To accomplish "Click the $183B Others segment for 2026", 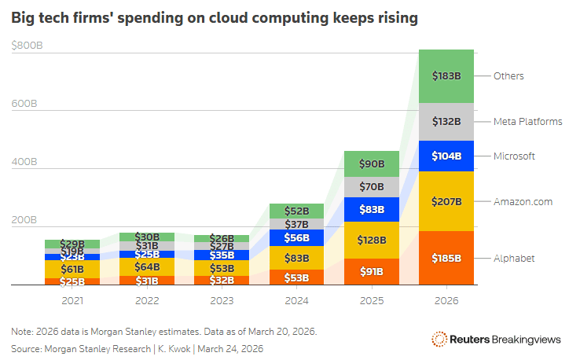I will click(x=446, y=76).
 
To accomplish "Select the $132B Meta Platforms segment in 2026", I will click(x=446, y=122).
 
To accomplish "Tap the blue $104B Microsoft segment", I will click(x=446, y=156).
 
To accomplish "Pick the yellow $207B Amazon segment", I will click(x=446, y=201).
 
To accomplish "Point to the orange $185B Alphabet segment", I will click(x=446, y=258).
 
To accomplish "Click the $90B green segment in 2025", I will click(x=372, y=164).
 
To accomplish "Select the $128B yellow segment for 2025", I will click(x=372, y=240).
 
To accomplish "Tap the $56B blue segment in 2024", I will click(x=297, y=237).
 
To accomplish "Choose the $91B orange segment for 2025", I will click(x=372, y=272).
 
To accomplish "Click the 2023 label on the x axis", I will click(x=222, y=300).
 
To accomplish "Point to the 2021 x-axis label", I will click(x=72, y=300).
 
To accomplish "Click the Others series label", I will click(x=508, y=76).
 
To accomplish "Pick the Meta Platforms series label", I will click(x=527, y=122).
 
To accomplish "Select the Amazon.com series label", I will click(x=523, y=202).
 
